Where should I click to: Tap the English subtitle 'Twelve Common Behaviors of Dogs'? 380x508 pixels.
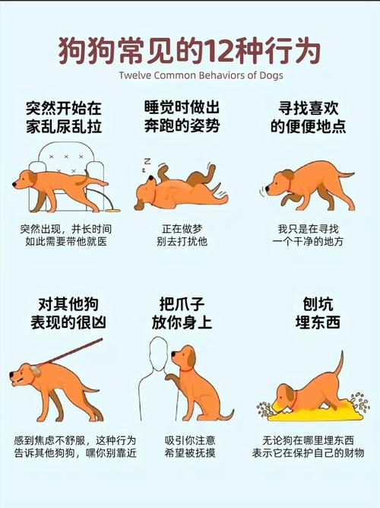[x=189, y=75]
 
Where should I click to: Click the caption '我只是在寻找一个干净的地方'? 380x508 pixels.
[x=312, y=235]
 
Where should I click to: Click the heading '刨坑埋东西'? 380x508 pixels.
[x=312, y=312]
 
